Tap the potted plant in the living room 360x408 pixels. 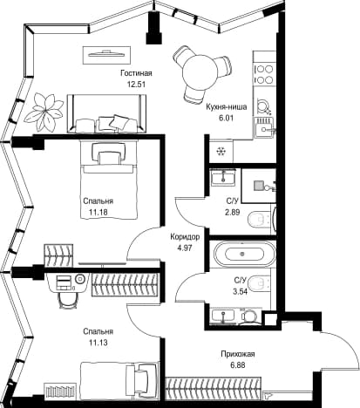tap(44, 112)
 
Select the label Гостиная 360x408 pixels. tap(136, 73)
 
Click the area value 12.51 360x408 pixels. tap(136, 85)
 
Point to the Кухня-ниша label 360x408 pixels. tap(227, 107)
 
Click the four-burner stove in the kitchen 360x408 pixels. tap(264, 74)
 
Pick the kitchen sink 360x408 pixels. tap(264, 128)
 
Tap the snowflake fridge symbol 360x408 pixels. tap(221, 152)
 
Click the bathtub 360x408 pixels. tap(242, 254)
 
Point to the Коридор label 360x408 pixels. tap(185, 237)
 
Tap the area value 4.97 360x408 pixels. tap(184, 248)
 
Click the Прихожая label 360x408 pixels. tap(238, 354)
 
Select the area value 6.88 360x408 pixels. tap(237, 365)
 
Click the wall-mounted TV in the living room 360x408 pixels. tap(106, 55)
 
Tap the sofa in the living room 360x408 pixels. tap(106, 113)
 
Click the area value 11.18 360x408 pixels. tap(98, 212)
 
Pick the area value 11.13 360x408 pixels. tap(98, 343)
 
